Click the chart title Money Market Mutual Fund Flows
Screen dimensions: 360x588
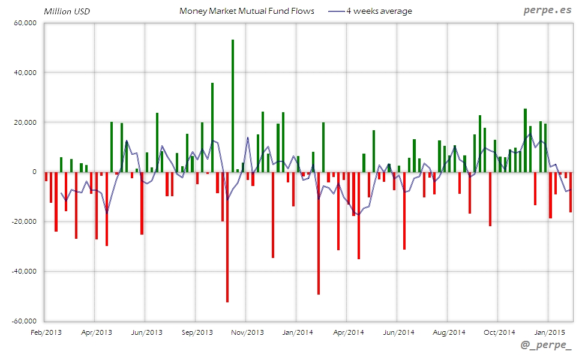pyautogui.click(x=247, y=11)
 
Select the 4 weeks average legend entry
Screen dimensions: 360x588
pyautogui.click(x=379, y=11)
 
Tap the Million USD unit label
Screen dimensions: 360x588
pyautogui.click(x=67, y=11)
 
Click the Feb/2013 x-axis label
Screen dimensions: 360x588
pyautogui.click(x=46, y=332)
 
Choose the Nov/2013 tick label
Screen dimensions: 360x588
pyautogui.click(x=247, y=332)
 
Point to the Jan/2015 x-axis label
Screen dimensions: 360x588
pyautogui.click(x=548, y=332)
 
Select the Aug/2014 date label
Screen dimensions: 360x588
pyautogui.click(x=449, y=332)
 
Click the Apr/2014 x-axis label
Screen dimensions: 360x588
pyautogui.click(x=348, y=332)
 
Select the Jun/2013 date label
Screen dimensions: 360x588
pyautogui.click(x=146, y=332)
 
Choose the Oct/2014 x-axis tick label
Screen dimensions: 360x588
pyautogui.click(x=499, y=332)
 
